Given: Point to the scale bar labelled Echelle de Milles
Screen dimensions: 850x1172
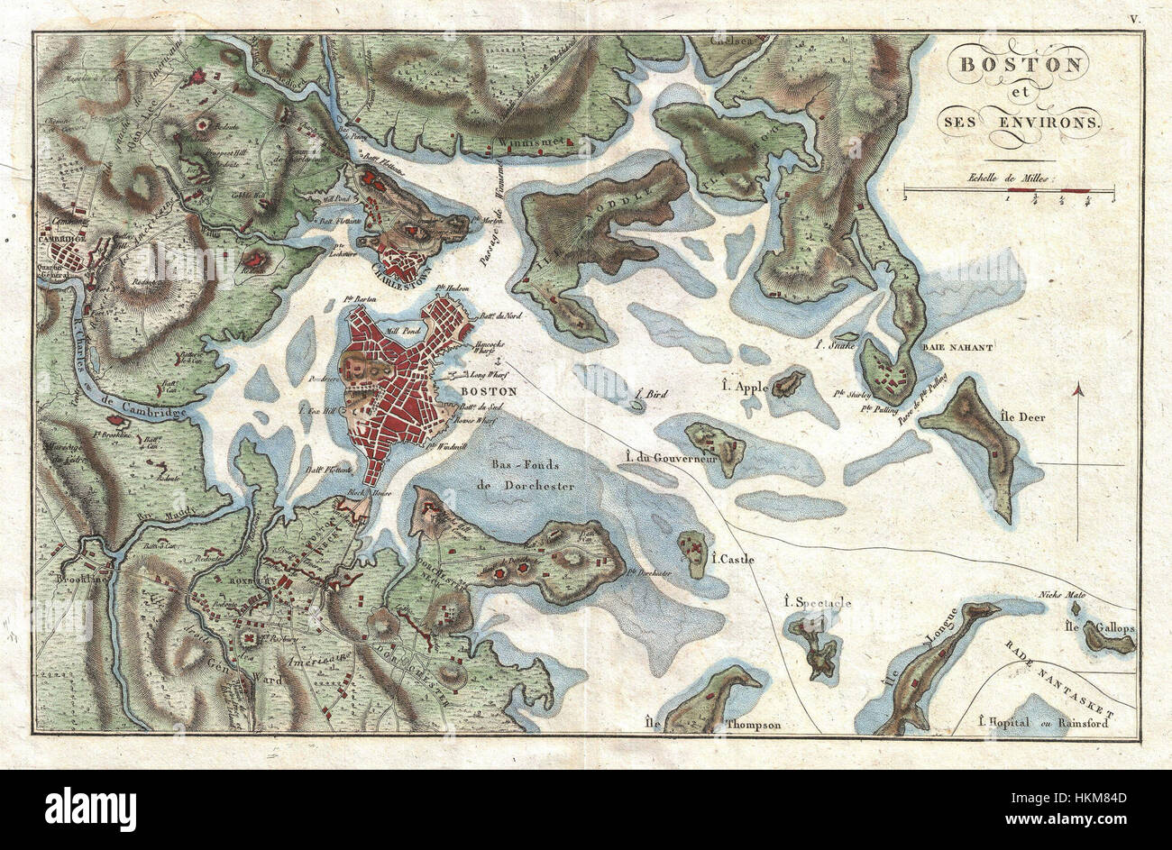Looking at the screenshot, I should click(x=1009, y=191).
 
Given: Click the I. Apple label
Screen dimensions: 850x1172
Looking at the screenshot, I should click(x=745, y=386).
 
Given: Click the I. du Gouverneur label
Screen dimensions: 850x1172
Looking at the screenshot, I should click(x=668, y=458).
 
